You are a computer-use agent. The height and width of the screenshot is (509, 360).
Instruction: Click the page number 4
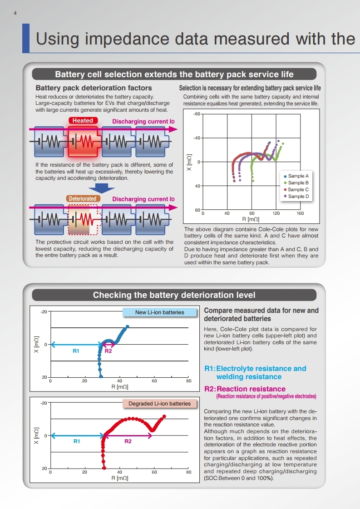[x=15, y=13]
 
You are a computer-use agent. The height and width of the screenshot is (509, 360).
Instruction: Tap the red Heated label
[x=83, y=120]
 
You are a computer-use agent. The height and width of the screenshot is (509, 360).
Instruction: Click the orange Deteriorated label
[x=83, y=198]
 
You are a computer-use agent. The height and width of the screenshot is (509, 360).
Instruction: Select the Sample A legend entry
[x=296, y=176]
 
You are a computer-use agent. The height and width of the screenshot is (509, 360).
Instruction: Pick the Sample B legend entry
[x=296, y=183]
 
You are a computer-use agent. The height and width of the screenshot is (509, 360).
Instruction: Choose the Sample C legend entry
[x=296, y=190]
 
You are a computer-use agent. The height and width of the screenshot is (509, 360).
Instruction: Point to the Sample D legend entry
[x=296, y=197]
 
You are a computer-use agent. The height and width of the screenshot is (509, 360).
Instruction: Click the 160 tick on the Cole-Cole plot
[x=300, y=213]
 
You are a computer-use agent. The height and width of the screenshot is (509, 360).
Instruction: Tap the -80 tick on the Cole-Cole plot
[x=197, y=114]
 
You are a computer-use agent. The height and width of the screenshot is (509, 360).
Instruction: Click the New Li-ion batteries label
[x=159, y=312]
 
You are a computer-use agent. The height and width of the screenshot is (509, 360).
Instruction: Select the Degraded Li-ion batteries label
[x=159, y=404]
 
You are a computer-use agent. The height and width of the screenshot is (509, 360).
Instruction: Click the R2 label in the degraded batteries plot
[x=128, y=441]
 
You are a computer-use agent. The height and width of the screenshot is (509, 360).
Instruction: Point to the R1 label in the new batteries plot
[x=76, y=351]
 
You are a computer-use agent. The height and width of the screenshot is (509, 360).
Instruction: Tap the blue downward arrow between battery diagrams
[x=102, y=188]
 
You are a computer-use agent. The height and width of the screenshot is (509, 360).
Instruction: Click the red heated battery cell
[x=83, y=142]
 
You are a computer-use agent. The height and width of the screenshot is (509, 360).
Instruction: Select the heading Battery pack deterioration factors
[x=94, y=88]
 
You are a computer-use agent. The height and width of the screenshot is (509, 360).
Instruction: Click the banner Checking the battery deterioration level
[x=174, y=295]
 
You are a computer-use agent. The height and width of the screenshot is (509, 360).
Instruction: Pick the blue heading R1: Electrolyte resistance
[x=255, y=373]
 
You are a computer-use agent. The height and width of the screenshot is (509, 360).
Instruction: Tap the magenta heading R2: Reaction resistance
[x=245, y=389]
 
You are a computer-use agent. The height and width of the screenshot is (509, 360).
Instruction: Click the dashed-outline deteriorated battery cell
[x=83, y=219]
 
